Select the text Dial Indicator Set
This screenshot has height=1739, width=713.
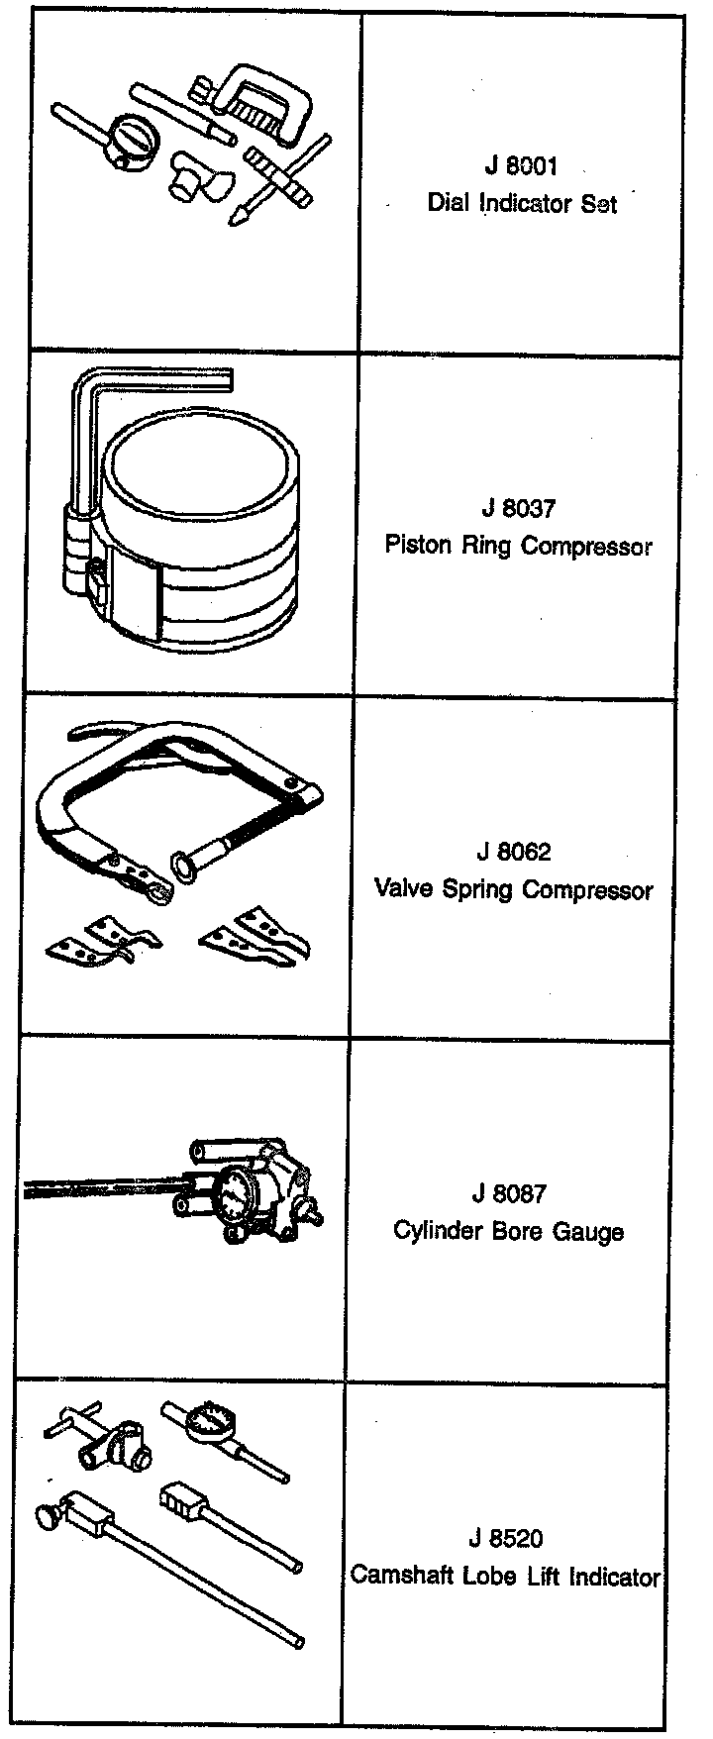pos(522,203)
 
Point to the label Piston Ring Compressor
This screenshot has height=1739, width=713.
pos(518,546)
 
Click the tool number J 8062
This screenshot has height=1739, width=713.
pos(513,852)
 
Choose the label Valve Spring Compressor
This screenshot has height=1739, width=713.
pos(513,889)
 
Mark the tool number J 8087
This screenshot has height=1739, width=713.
pos(509,1194)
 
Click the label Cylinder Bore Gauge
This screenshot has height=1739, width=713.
pos(508,1232)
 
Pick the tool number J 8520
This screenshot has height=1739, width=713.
pos(505,1539)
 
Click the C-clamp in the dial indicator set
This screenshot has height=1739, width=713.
pos(263,102)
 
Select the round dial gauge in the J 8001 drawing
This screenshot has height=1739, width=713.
pos(132,138)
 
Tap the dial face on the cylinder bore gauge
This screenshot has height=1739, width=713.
pos(232,1194)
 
